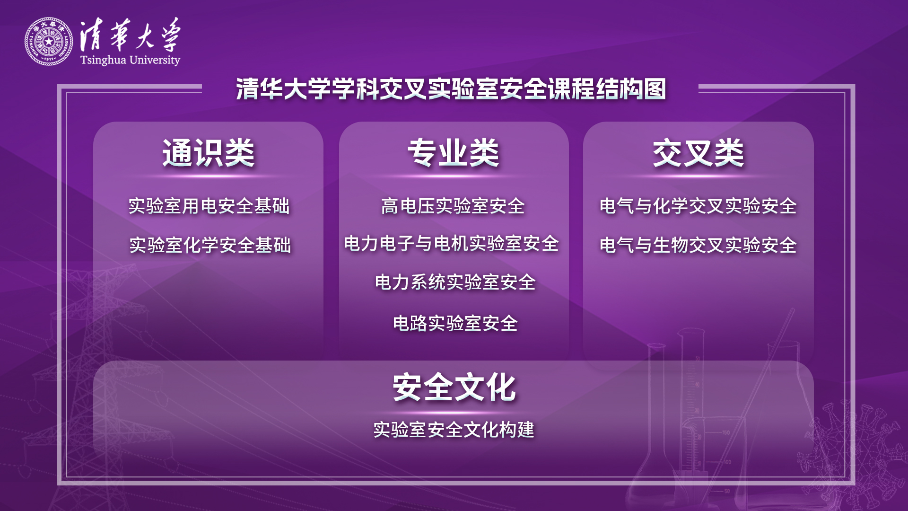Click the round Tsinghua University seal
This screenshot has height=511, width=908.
(49, 42)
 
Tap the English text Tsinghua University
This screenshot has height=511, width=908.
(130, 60)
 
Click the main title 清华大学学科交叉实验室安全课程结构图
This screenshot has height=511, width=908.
(451, 89)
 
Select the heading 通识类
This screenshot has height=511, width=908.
(209, 153)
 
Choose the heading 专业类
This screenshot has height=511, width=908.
(454, 153)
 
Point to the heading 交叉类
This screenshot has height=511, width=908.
(698, 153)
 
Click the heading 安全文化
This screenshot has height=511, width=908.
(454, 387)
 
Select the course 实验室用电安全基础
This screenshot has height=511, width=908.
(209, 206)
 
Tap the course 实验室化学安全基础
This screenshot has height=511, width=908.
(210, 245)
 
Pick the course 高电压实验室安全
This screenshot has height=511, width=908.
(453, 206)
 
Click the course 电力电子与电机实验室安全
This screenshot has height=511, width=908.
(452, 244)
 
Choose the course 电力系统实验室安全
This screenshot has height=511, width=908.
(455, 282)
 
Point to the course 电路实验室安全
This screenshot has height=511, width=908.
(455, 323)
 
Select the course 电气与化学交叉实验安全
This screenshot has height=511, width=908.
(698, 206)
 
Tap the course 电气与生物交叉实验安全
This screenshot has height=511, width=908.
(698, 245)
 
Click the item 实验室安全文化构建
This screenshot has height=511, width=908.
(454, 430)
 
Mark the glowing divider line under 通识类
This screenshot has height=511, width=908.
(209, 176)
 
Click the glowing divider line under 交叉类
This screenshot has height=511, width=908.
(698, 176)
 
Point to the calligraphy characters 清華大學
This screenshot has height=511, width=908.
(130, 35)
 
